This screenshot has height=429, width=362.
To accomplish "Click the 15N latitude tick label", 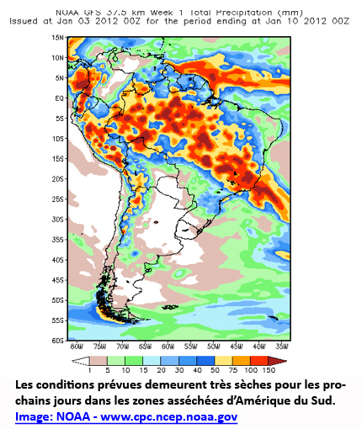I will (x=58, y=38).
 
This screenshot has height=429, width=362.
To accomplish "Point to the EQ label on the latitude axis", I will (x=60, y=98).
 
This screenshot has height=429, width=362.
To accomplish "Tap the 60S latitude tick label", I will (x=58, y=340).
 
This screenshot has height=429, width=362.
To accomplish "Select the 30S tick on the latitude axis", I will (x=58, y=219).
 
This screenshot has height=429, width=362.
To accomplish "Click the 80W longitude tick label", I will (x=77, y=347).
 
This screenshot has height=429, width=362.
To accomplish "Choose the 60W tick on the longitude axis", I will (x=168, y=347).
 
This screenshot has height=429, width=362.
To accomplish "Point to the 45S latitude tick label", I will (x=58, y=279).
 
